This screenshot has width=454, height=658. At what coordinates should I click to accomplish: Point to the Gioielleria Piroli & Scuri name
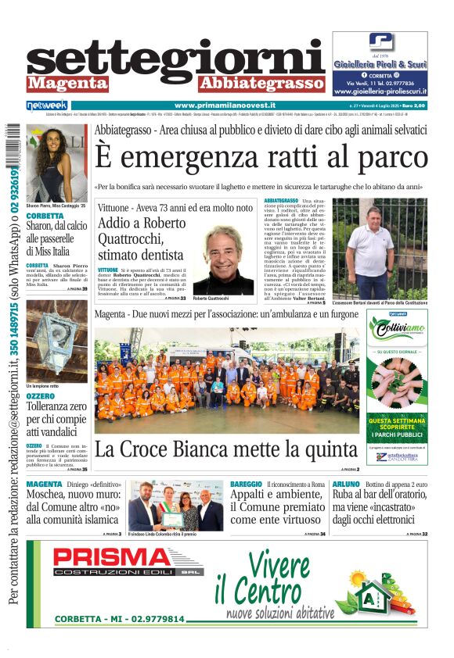[x=380, y=64]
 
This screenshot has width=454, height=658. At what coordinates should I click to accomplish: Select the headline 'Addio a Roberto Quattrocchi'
[x=141, y=238]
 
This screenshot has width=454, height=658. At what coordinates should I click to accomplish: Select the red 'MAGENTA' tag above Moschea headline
[x=44, y=485]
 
